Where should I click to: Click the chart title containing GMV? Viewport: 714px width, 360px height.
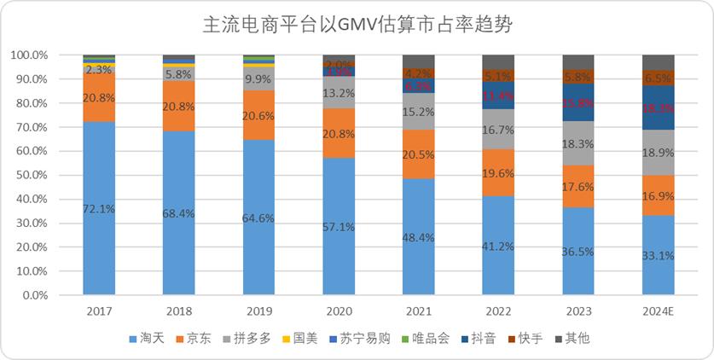357,26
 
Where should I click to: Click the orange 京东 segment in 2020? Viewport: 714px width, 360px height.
339,133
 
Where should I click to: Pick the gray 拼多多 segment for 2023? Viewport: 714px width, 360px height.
578,143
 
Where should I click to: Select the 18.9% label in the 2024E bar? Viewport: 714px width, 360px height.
658,152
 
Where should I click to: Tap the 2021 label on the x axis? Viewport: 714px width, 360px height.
419,312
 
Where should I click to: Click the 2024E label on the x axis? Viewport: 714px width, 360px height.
658,312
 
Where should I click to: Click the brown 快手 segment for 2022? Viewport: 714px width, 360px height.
498,75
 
